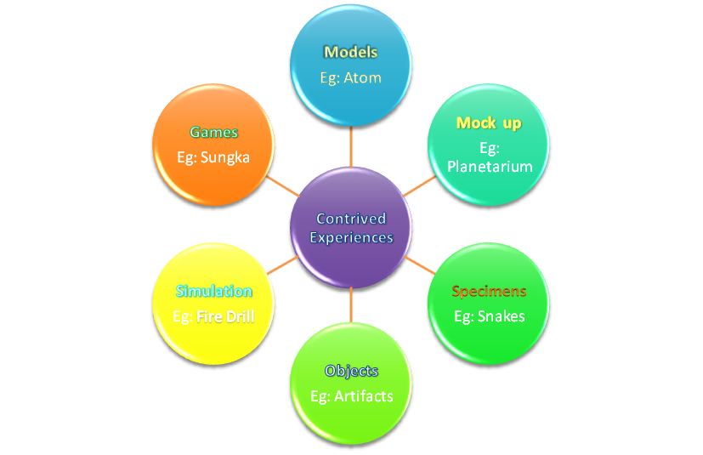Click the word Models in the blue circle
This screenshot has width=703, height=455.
(351, 53)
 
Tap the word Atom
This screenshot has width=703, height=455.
(363, 77)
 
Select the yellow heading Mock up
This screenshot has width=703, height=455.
(489, 123)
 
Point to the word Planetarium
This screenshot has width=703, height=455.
(490, 166)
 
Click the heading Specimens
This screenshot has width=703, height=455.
(489, 292)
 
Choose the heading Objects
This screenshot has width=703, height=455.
(351, 371)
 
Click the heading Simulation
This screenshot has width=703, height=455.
(214, 292)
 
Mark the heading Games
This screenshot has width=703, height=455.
(214, 132)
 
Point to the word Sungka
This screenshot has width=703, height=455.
(226, 156)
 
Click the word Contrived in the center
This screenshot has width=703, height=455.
(351, 219)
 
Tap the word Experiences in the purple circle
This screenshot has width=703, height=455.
(351, 237)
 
